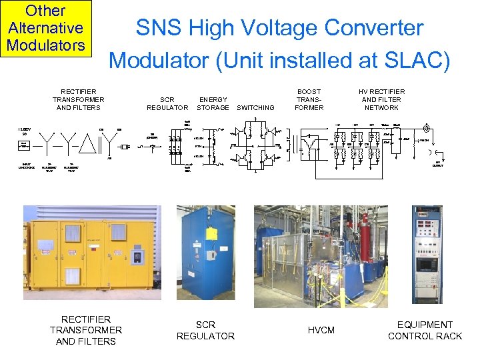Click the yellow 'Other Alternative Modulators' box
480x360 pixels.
[45, 28]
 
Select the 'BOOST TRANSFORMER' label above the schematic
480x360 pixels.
[309, 99]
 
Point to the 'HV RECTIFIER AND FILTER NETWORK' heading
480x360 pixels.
[381, 99]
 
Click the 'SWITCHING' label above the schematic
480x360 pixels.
[255, 107]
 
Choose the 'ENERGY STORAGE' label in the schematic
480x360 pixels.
[213, 103]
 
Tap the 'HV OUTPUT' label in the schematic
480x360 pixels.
[438, 163]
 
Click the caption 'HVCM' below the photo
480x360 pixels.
[321, 331]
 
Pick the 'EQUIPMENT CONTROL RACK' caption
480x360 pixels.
[425, 330]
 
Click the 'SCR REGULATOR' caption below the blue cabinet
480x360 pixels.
[205, 330]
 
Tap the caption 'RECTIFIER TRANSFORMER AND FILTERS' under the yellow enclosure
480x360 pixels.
[85, 330]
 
